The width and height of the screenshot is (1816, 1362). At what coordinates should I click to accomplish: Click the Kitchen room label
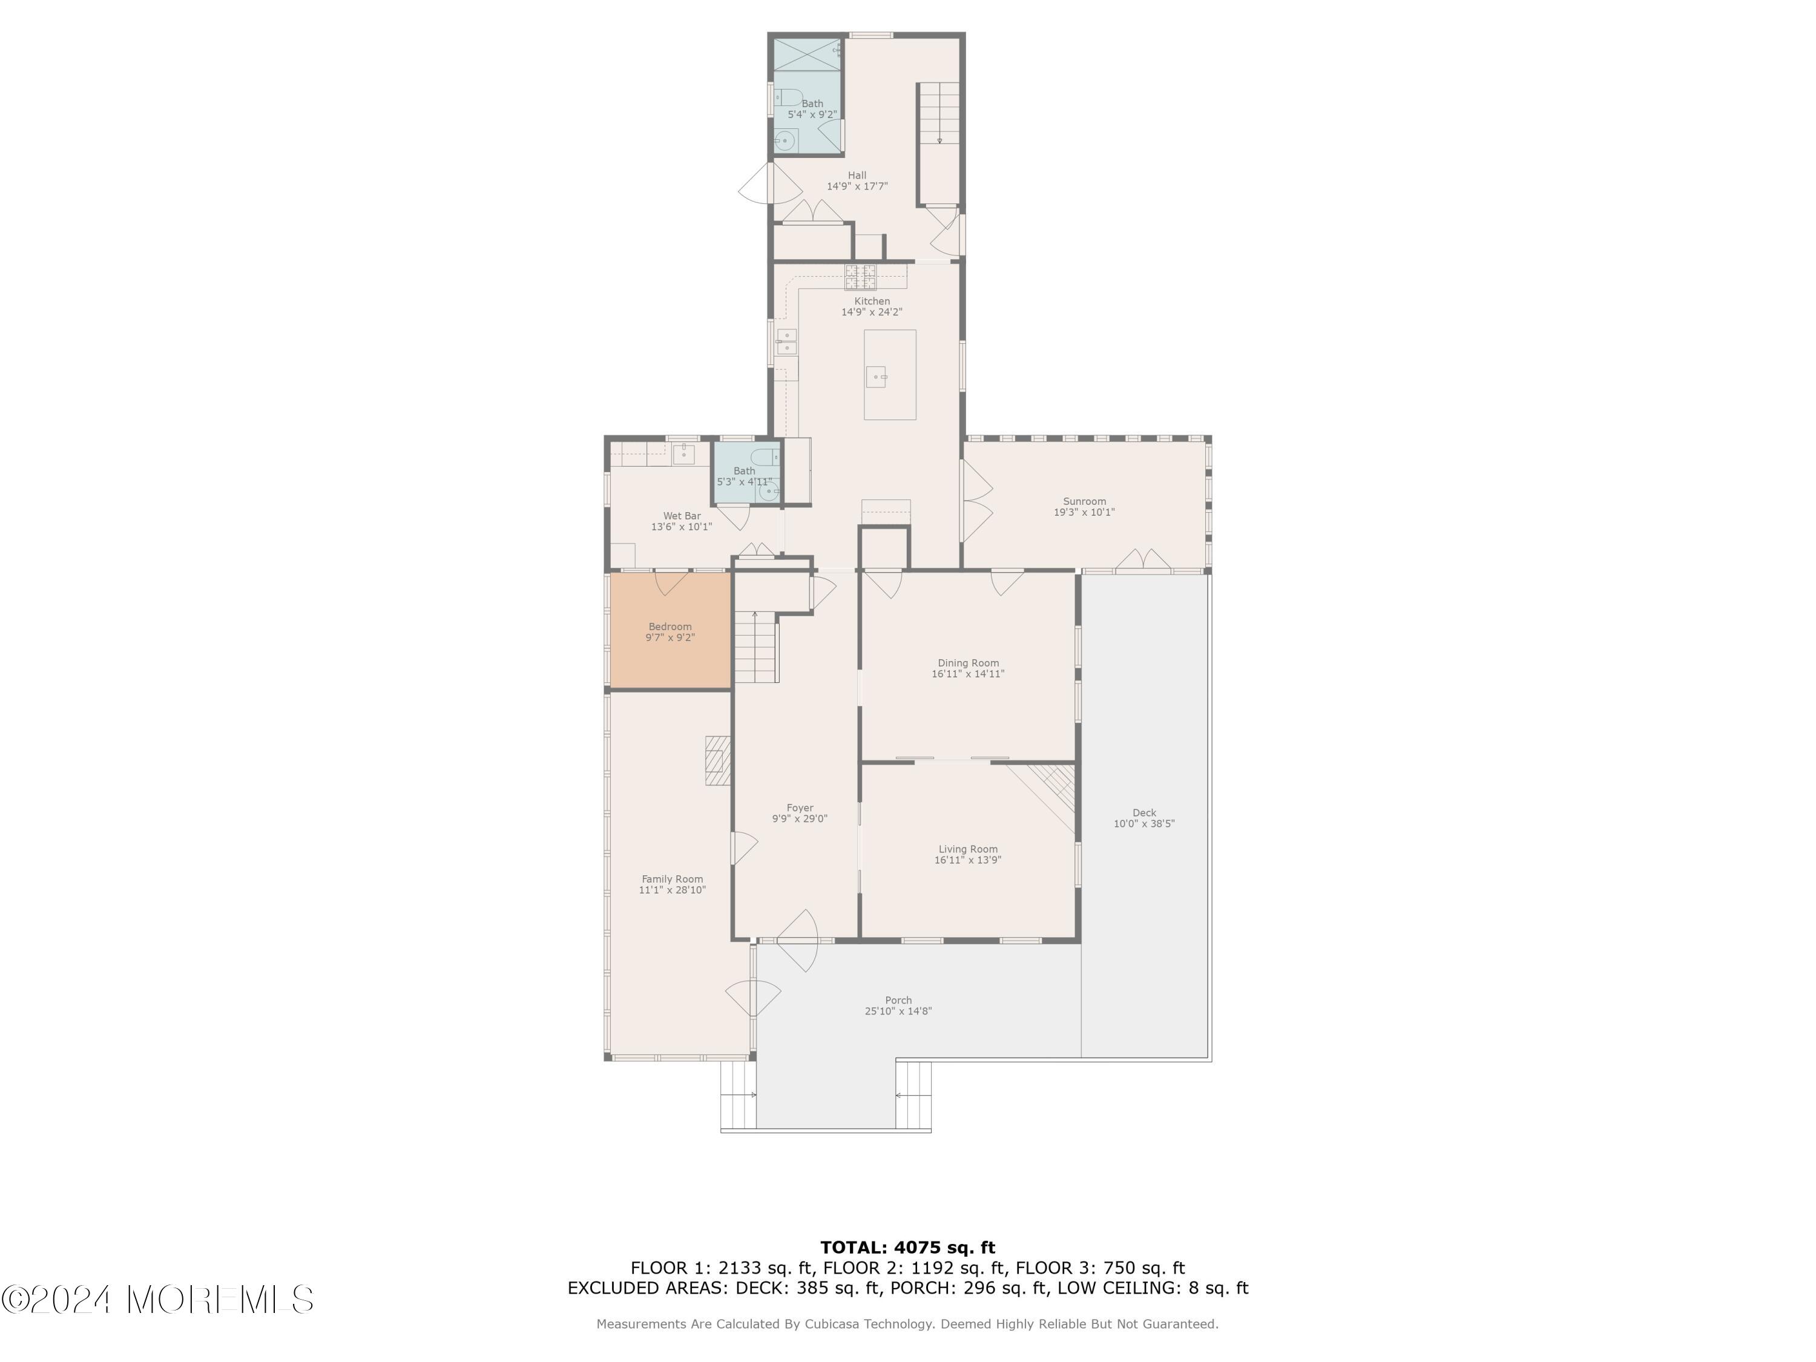(872, 301)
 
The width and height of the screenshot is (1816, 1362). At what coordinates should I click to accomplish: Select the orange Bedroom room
(671, 631)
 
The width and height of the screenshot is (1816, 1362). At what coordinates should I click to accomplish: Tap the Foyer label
(800, 808)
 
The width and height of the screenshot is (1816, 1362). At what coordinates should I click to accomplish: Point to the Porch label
(898, 1000)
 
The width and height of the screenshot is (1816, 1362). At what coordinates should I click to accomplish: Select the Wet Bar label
(682, 516)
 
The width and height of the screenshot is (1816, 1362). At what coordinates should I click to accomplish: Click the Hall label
(857, 175)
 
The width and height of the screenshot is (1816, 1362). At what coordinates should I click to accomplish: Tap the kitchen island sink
(877, 377)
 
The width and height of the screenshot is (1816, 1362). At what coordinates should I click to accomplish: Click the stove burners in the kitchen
(860, 277)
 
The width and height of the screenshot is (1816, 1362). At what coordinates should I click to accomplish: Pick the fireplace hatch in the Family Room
(717, 760)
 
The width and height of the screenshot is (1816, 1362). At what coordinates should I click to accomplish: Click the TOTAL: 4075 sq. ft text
(908, 1248)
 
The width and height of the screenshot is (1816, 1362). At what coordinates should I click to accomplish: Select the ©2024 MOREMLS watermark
(157, 1300)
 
